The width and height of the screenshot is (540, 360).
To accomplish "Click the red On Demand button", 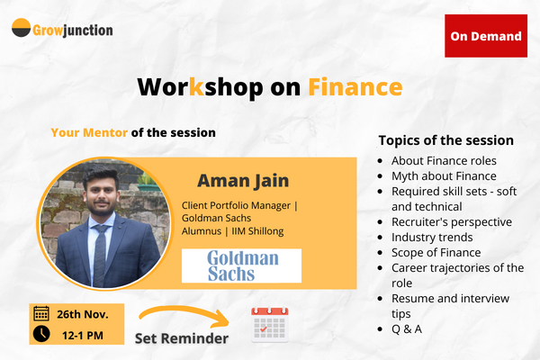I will (486, 36).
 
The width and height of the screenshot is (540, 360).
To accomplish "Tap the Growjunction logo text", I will (74, 30).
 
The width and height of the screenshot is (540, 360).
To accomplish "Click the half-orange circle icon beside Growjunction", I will (22, 29).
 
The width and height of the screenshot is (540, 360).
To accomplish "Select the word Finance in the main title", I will (355, 86).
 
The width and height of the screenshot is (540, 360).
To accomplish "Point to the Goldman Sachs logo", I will (241, 265).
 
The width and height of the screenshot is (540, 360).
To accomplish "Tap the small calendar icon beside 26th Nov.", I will (41, 314).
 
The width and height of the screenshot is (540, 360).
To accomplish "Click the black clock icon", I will (41, 334).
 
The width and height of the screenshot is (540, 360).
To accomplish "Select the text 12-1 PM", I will (83, 334).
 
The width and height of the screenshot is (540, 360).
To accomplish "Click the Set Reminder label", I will (181, 338).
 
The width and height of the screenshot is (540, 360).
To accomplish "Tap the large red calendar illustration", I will (274, 324).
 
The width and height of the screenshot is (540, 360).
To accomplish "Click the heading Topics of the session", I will (445, 140).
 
